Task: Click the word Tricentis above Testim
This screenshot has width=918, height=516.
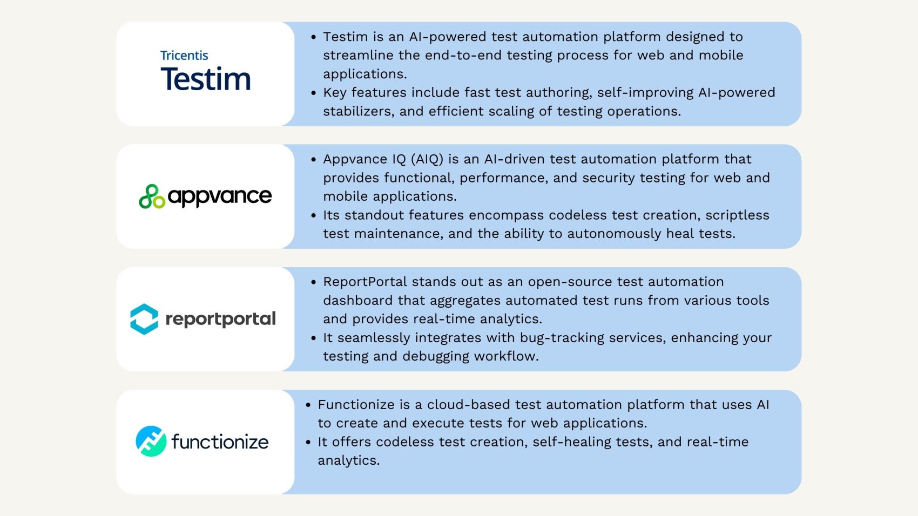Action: pyautogui.click(x=184, y=56)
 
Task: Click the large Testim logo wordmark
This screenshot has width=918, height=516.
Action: pyautogui.click(x=206, y=79)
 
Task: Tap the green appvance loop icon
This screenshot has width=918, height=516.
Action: pyautogui.click(x=152, y=196)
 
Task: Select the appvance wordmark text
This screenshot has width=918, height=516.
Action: pyautogui.click(x=220, y=196)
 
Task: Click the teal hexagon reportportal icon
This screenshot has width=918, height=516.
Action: pyautogui.click(x=144, y=319)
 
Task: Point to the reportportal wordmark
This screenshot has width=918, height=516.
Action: pyautogui.click(x=220, y=319)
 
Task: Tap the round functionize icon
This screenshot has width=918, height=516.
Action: pyautogui.click(x=151, y=442)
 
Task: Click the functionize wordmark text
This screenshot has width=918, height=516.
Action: pyautogui.click(x=220, y=442)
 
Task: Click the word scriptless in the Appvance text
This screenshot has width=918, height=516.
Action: pyautogui.click(x=737, y=215)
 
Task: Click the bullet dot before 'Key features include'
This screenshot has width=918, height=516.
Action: pyautogui.click(x=314, y=93)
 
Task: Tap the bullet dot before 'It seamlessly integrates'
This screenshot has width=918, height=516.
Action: pyautogui.click(x=314, y=338)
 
